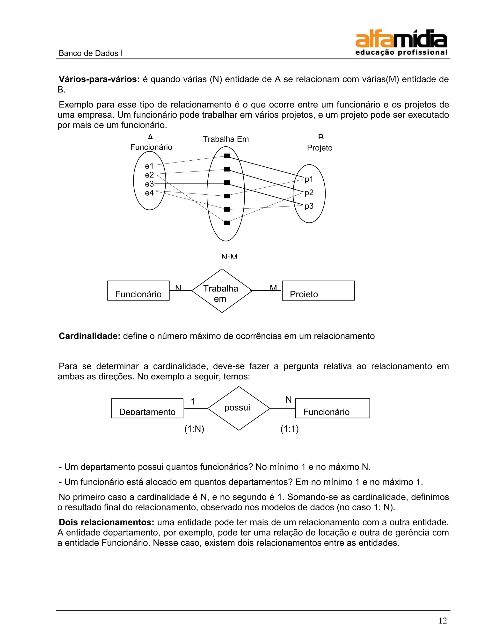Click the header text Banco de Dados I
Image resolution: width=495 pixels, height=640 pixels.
[x=90, y=53]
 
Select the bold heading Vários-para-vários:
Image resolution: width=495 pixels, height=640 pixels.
[x=99, y=79]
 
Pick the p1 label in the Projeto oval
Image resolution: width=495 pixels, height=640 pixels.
[x=309, y=179]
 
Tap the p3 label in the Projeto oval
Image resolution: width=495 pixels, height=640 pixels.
[x=309, y=206]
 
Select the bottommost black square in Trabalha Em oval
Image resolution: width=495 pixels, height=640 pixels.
[x=227, y=223]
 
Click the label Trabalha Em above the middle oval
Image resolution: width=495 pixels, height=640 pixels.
[x=226, y=139]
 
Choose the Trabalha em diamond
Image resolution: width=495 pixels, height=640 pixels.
[x=222, y=291]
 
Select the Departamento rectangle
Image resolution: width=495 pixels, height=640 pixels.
[x=147, y=408]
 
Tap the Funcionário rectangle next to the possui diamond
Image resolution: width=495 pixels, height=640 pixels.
[x=332, y=408]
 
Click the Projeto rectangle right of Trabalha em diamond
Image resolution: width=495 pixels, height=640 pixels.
[x=318, y=291]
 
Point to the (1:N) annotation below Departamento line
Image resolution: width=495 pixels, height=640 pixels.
[x=194, y=429]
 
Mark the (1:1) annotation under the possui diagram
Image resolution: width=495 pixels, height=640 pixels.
[x=289, y=429]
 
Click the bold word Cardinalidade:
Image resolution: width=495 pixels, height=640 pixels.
[x=90, y=336]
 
